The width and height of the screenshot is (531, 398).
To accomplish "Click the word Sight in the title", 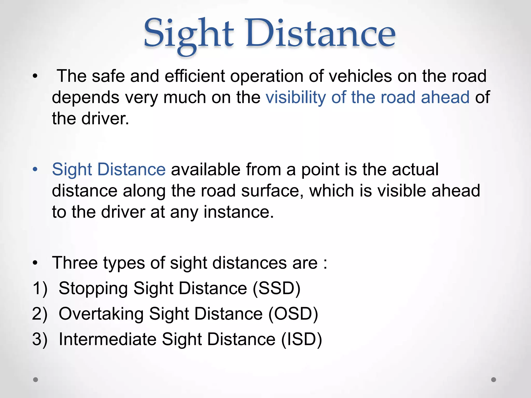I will (x=188, y=34).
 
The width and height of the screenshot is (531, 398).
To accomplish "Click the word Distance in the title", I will (x=320, y=34).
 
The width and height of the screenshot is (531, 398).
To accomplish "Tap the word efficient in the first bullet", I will (x=195, y=76).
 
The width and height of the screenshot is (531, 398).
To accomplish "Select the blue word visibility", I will (x=296, y=97).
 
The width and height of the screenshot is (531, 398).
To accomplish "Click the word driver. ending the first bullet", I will (x=105, y=119).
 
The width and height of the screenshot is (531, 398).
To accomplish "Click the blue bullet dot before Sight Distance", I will (x=35, y=170).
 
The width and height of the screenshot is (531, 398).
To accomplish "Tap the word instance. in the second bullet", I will (x=239, y=212).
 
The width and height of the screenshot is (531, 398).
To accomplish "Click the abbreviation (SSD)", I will (x=276, y=288).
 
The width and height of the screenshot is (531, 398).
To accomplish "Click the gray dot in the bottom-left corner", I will (x=36, y=380).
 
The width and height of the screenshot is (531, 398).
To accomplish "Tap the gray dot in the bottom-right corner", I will (x=494, y=380).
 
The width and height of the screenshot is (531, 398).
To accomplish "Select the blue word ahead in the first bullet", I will (x=445, y=97).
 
